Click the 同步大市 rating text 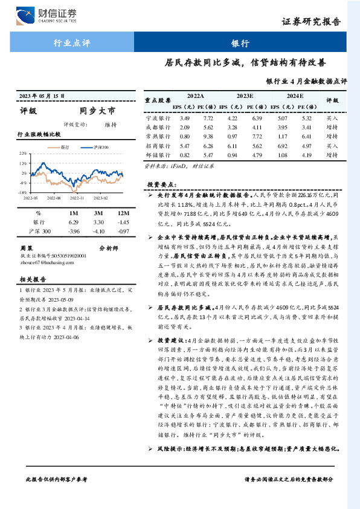pyautogui.click(x=97, y=111)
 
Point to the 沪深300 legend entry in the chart pyautogui.click(x=100, y=148)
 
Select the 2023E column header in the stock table pyautogui.click(x=245, y=96)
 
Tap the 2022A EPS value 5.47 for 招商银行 pyautogui.click(x=185, y=146)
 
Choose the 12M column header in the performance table pyautogui.click(x=124, y=213)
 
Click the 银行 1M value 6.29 pyautogui.click(x=74, y=222)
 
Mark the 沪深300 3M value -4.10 pyautogui.click(x=100, y=231)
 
